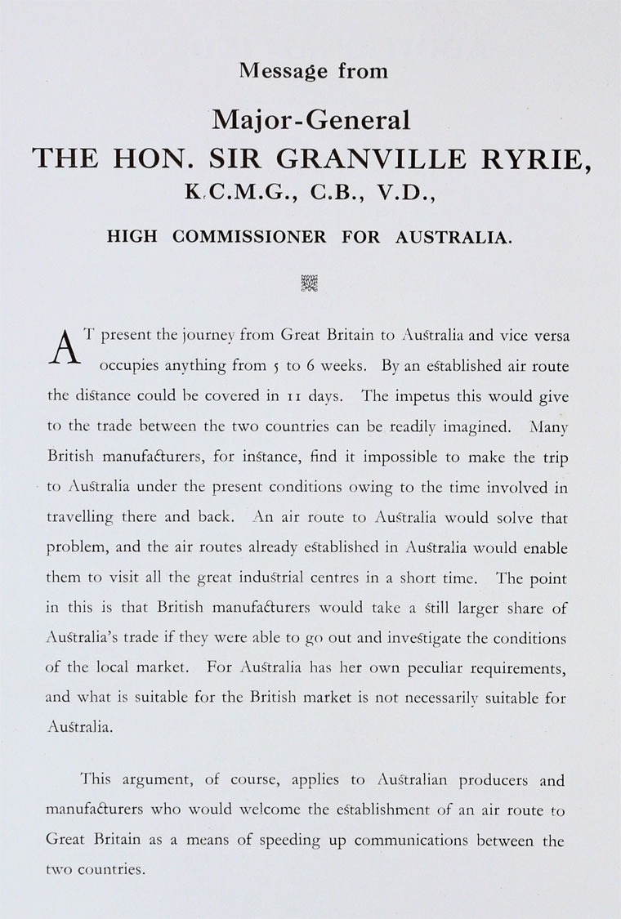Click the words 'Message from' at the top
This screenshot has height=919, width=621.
[314, 71]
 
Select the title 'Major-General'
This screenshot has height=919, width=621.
[311, 122]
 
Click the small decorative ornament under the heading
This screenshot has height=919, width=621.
[310, 283]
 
